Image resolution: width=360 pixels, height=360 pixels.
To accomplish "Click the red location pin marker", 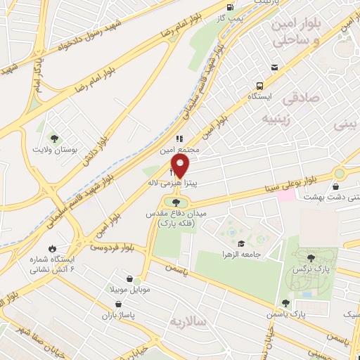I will [x=181, y=167].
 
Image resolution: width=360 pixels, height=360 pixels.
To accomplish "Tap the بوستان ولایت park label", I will [x=53, y=150].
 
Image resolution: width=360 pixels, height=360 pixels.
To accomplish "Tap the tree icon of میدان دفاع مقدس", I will [x=176, y=203].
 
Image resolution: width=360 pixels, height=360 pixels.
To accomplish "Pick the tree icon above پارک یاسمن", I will [x=285, y=303].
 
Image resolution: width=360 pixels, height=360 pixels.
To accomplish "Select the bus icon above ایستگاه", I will [x=274, y=67].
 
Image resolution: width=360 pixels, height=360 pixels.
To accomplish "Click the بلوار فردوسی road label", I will [x=112, y=247].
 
